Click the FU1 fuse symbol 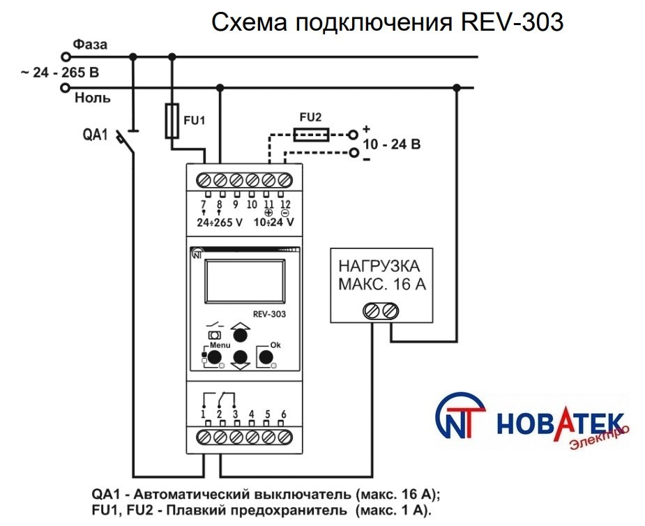click(x=172, y=120)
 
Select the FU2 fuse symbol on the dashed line click(x=311, y=134)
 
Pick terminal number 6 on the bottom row click(x=284, y=415)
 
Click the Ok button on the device click(x=265, y=357)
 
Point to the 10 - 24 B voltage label click(x=394, y=145)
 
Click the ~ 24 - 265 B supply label click(x=60, y=71)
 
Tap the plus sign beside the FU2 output click(x=365, y=128)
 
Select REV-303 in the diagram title click(x=512, y=23)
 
